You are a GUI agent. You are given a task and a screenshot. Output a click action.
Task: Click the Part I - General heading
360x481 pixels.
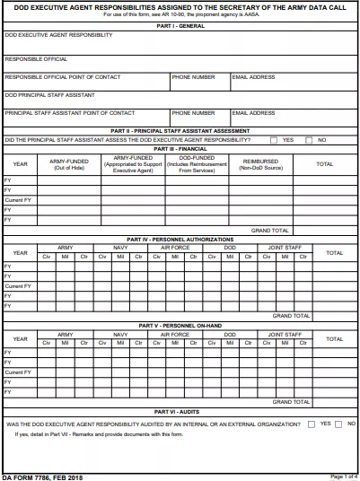(x=180, y=26)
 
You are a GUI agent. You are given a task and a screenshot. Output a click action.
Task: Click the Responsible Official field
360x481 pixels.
(x=180, y=64)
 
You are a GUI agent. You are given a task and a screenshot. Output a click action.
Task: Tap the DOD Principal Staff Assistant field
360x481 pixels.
(x=180, y=99)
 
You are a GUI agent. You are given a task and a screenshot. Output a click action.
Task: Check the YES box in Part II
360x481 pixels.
(x=275, y=140)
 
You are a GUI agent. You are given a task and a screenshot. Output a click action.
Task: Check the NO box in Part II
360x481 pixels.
(x=309, y=140)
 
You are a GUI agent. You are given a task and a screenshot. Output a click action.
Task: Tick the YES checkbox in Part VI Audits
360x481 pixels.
(x=311, y=423)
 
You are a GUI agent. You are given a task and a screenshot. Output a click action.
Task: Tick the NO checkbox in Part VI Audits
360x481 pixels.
(x=339, y=423)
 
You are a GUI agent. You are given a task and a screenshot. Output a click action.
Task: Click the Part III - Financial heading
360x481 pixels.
(x=180, y=148)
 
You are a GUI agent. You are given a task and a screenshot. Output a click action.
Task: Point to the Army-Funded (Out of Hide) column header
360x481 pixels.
(x=68, y=164)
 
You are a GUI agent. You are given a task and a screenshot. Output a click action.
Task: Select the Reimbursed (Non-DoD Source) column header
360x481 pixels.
(x=261, y=164)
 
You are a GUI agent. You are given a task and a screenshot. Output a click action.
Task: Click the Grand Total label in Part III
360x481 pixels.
(x=270, y=231)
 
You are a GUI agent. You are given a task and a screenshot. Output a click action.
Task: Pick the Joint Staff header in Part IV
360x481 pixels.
(x=285, y=247)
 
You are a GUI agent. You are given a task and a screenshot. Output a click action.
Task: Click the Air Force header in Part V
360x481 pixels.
(x=175, y=334)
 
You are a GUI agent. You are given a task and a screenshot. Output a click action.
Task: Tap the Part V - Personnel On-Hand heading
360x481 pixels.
(x=180, y=326)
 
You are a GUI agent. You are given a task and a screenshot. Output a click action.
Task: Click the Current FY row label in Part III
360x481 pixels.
(x=18, y=200)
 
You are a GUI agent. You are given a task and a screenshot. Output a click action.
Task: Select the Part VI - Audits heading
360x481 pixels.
(x=180, y=410)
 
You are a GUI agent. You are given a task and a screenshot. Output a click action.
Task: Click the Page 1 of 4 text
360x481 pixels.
(x=343, y=476)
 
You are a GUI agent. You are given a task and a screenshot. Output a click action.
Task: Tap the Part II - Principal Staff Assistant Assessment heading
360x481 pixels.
(x=180, y=131)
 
